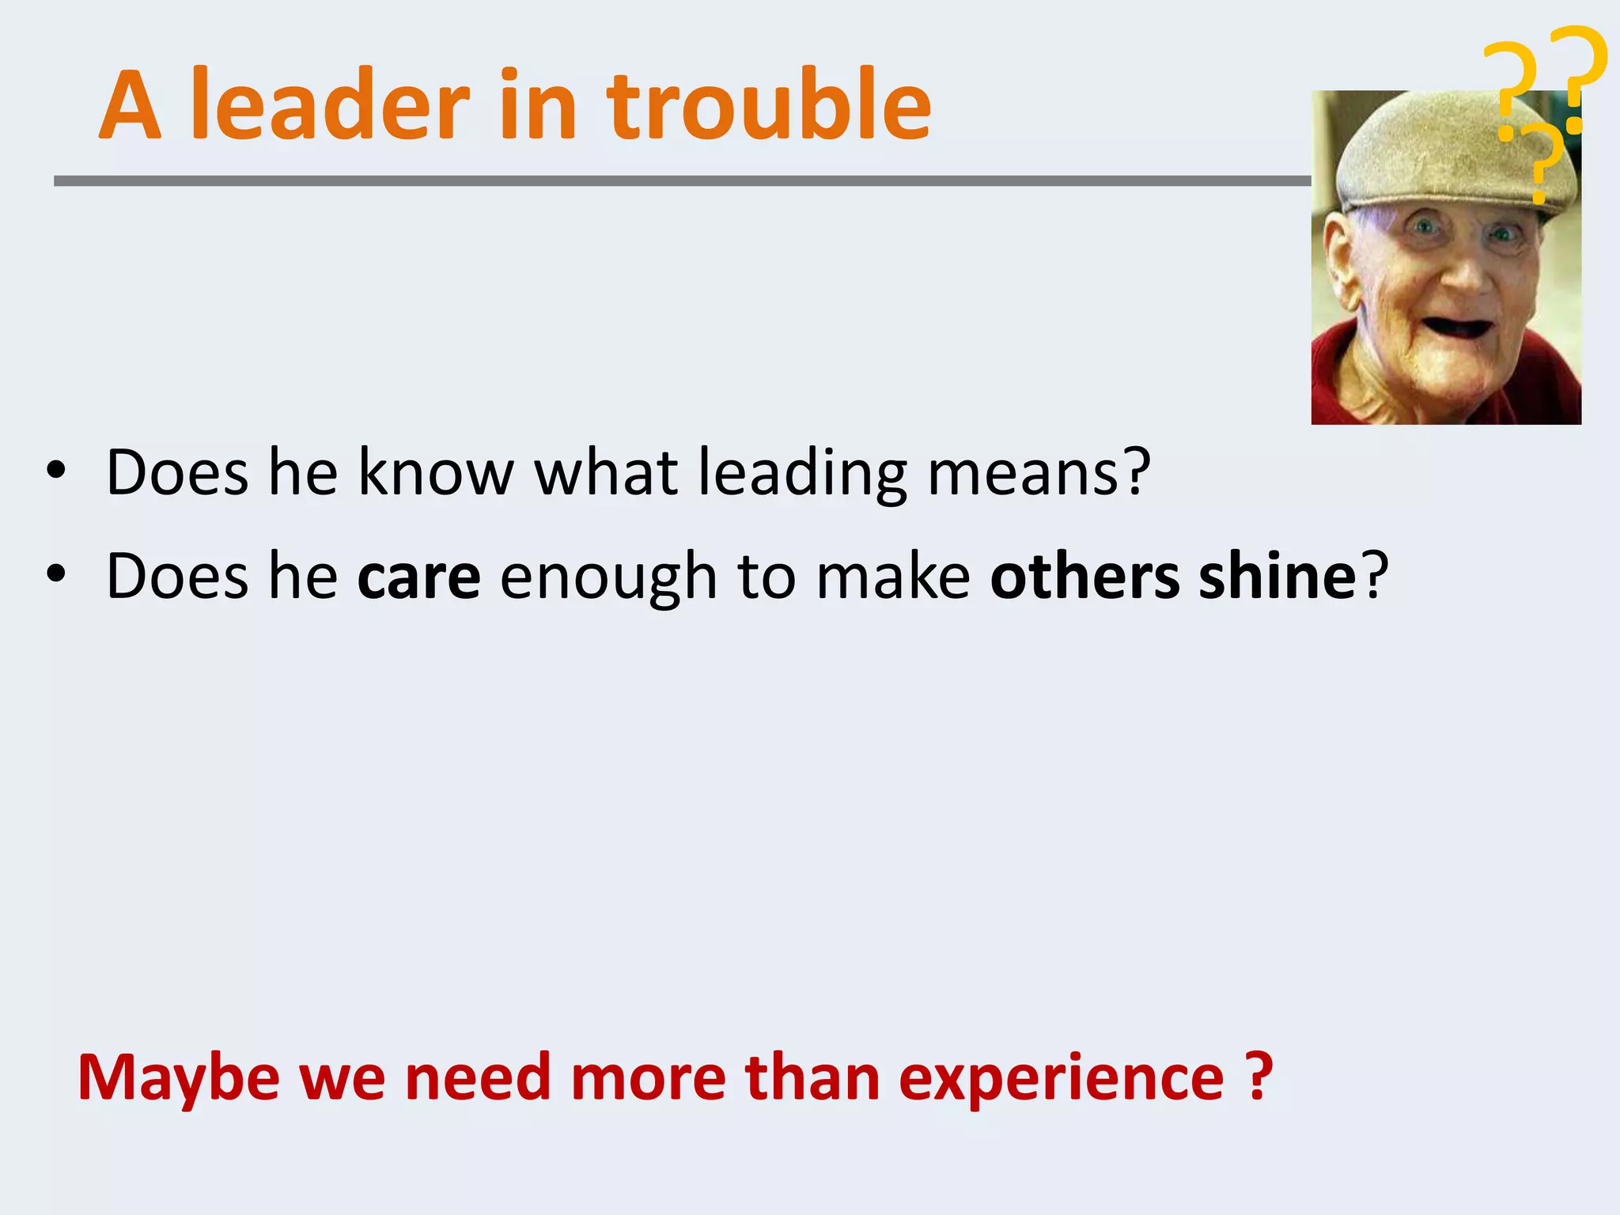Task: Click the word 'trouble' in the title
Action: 769,105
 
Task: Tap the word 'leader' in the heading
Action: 331,105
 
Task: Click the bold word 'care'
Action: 418,577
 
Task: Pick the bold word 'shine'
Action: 1277,575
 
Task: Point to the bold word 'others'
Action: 1084,575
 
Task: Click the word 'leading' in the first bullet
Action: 802,474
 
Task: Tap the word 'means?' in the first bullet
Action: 1039,472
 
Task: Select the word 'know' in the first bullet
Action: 436,472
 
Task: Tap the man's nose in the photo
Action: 1468,273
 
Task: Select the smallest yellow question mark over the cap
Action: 1542,162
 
